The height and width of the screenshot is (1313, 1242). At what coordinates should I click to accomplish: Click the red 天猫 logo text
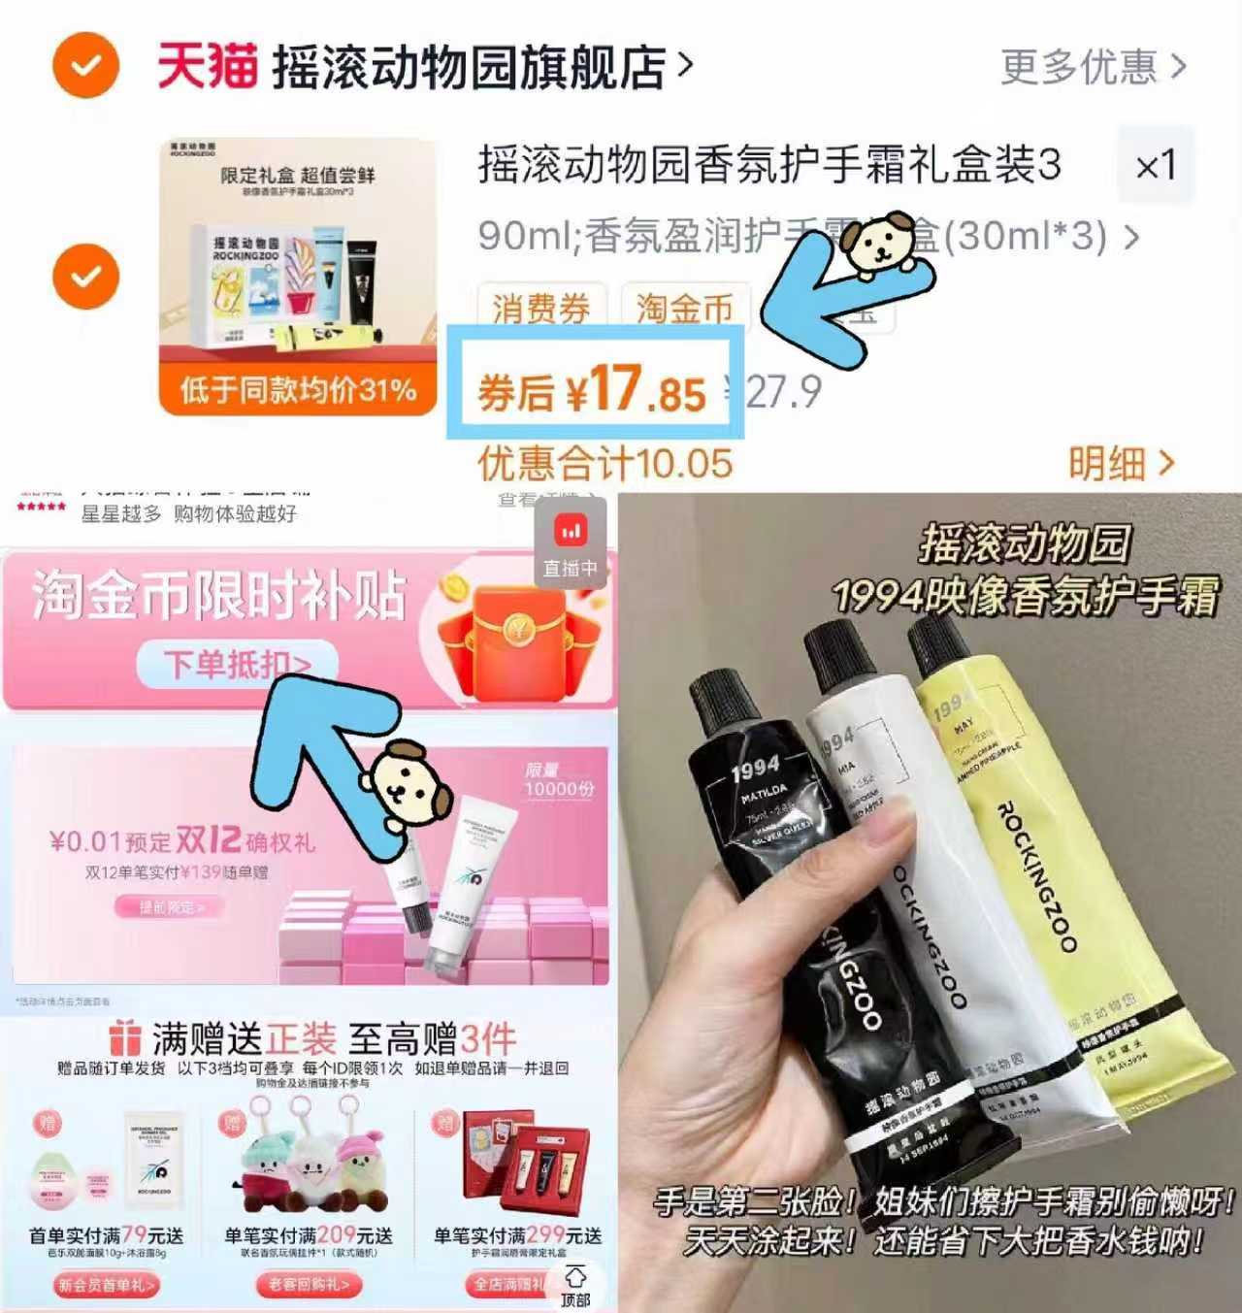[x=207, y=66]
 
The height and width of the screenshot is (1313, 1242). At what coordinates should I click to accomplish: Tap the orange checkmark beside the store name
[x=85, y=66]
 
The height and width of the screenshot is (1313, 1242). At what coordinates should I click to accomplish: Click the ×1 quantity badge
[x=1155, y=165]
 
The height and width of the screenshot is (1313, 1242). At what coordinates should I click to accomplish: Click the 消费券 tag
[x=541, y=308]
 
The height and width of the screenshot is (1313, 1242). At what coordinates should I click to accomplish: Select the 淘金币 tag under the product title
[x=684, y=308]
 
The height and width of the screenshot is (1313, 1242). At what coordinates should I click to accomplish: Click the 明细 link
[x=1121, y=464]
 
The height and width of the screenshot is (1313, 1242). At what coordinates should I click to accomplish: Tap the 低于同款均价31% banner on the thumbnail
[x=298, y=390]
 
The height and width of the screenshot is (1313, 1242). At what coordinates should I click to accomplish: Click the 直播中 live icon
[x=571, y=545]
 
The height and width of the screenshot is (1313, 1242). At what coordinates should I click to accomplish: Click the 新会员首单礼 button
[x=106, y=1285]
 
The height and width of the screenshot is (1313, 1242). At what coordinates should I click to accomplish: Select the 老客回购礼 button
[x=309, y=1285]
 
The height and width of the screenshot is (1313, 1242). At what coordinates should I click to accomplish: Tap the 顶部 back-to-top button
[x=575, y=1285]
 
